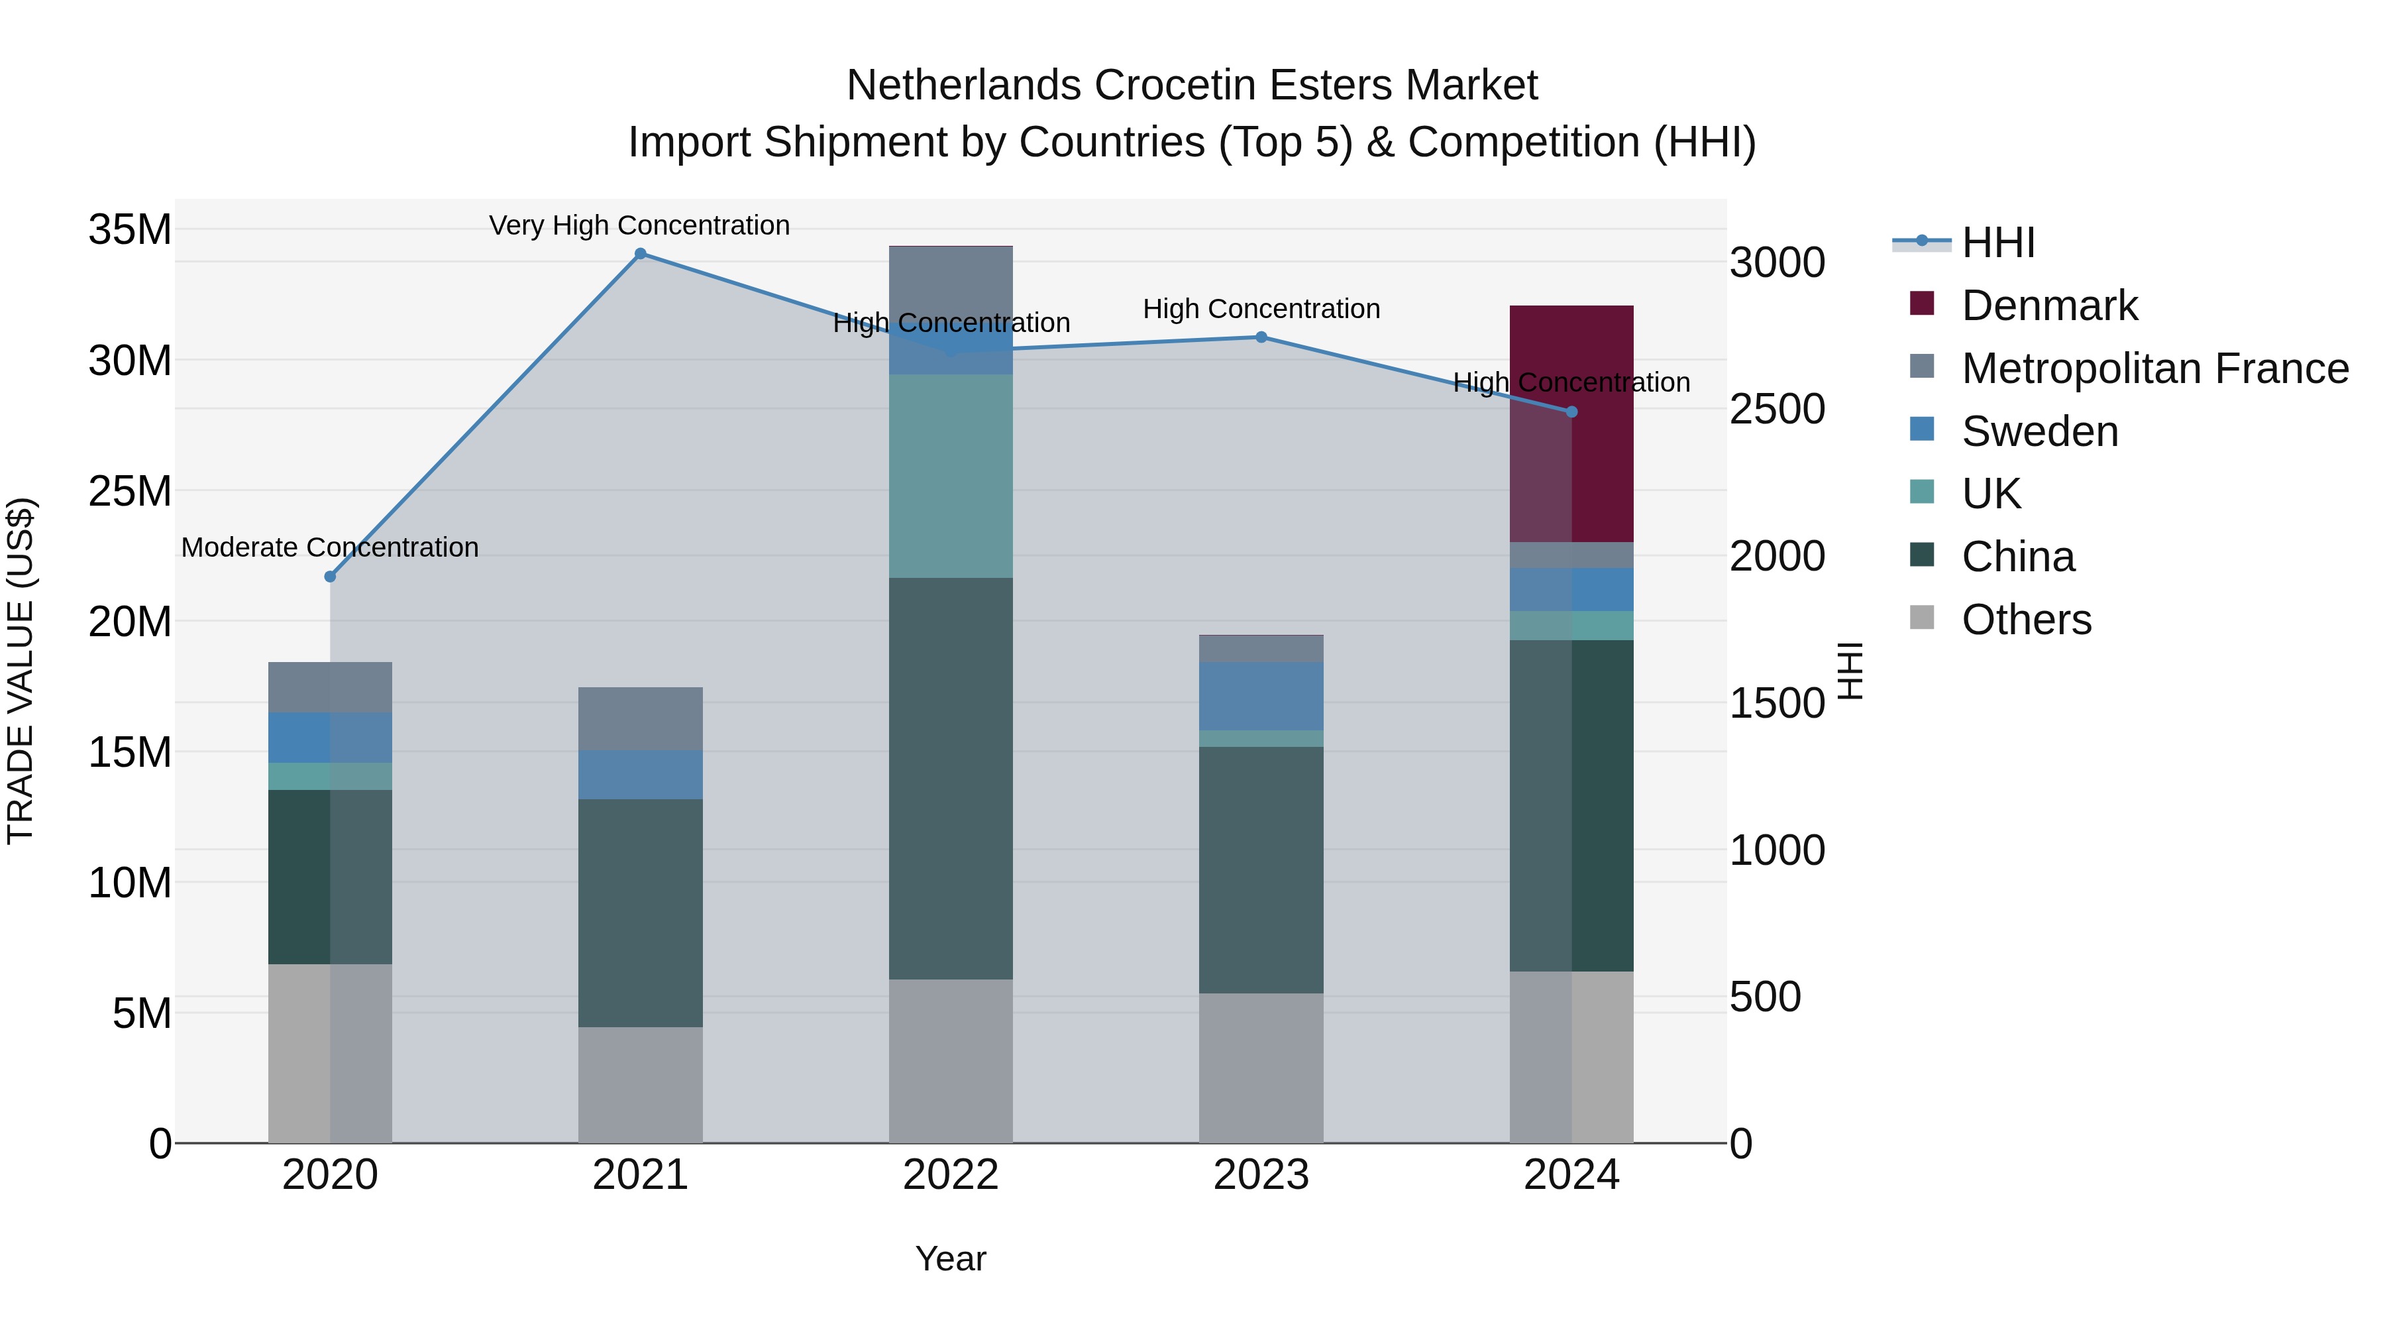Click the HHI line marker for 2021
click(640, 254)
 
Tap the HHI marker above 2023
click(1261, 337)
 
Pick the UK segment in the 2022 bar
click(951, 476)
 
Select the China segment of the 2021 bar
click(640, 913)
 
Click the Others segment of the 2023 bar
click(1261, 1067)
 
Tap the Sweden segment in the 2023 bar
click(1261, 696)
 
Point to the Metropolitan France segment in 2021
click(640, 718)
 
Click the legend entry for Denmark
click(2049, 306)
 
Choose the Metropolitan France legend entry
click(2154, 368)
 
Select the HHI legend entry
click(1997, 243)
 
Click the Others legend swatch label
click(2026, 620)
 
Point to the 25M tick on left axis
click(130, 491)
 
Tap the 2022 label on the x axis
click(951, 1175)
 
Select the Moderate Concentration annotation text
click(330, 547)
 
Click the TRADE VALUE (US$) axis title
click(21, 671)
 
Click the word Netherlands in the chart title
click(963, 85)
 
